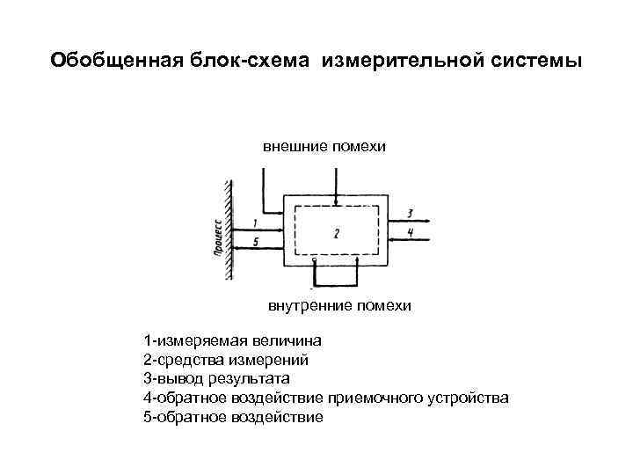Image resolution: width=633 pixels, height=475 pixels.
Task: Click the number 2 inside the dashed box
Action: (x=336, y=233)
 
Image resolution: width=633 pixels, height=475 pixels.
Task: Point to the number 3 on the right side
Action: (x=411, y=213)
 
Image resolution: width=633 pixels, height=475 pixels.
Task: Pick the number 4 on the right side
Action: (x=411, y=232)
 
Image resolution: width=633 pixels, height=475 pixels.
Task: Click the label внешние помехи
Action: (x=324, y=145)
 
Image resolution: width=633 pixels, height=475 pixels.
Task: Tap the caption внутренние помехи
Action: (x=339, y=306)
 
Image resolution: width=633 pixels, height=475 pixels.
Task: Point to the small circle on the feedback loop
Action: (x=316, y=261)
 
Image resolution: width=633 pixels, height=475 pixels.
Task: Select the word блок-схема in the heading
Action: (x=249, y=61)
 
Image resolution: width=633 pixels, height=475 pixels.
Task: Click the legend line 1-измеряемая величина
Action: (x=232, y=340)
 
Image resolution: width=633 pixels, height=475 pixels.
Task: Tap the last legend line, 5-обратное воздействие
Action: (x=232, y=417)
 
